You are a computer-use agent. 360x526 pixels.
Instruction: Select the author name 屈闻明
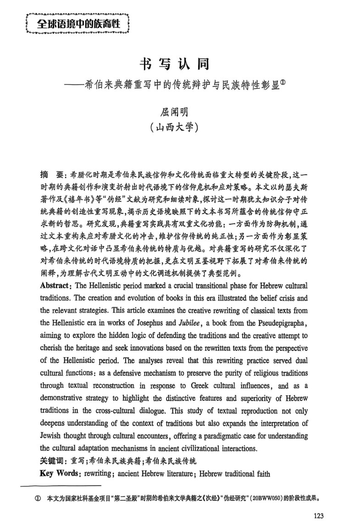pos(180,111)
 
